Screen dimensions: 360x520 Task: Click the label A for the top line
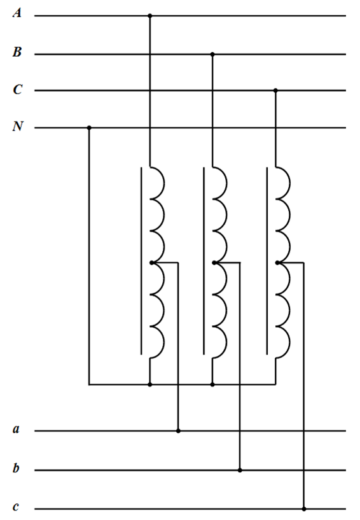tap(17, 13)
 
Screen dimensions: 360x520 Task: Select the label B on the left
tap(17, 52)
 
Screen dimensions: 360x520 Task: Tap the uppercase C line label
tap(17, 90)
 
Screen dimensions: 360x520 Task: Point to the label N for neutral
tap(18, 126)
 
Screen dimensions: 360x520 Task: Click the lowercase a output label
tap(17, 429)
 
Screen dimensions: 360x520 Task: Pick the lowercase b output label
tap(16, 468)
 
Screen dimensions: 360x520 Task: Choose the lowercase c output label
tap(15, 507)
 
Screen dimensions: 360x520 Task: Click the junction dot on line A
tap(150, 15)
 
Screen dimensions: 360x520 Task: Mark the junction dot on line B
tap(212, 54)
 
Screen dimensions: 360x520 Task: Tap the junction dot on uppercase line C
tap(275, 90)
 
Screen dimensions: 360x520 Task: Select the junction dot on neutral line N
tap(89, 128)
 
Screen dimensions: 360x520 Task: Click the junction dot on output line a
tap(178, 431)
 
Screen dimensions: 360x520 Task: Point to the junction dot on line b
tap(240, 470)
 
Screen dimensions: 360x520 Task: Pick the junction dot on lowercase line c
tap(304, 509)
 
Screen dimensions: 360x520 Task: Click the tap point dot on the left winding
tap(151, 263)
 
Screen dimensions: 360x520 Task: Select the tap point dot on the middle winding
tap(214, 263)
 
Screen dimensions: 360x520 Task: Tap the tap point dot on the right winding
tap(277, 263)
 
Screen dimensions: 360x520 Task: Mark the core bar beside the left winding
tap(141, 261)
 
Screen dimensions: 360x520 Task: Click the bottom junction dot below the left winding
tap(150, 384)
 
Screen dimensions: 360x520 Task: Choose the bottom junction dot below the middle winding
tap(212, 384)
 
